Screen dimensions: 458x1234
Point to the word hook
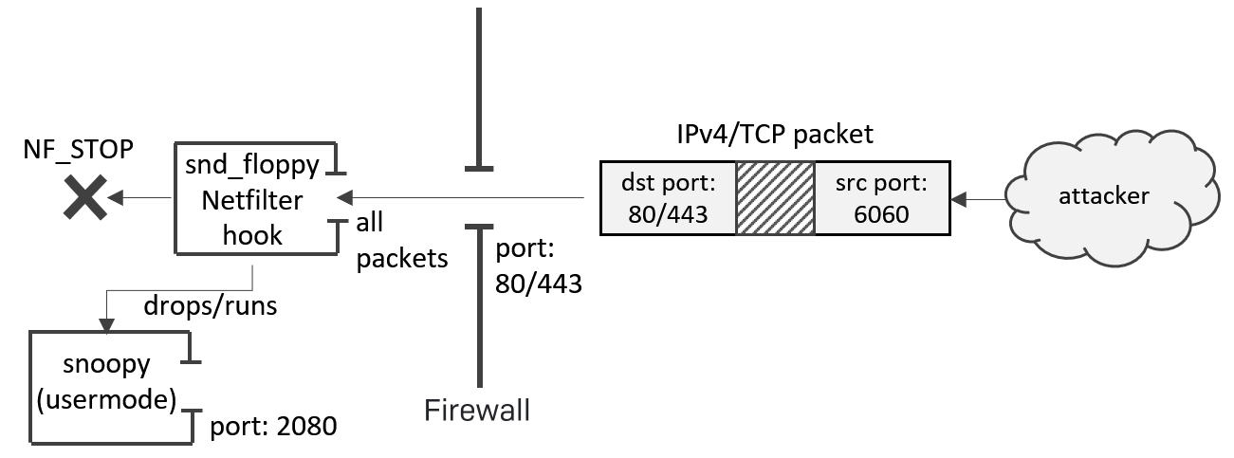coord(252,234)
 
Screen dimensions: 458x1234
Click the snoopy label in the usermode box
coord(106,365)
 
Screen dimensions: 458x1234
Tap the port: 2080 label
coord(273,426)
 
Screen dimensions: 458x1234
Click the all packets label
coord(401,240)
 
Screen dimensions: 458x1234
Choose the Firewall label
coord(476,410)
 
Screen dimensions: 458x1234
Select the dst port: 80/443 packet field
coord(668,198)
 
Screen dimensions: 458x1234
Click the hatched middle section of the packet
coord(775,198)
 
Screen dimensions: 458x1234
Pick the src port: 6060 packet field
coord(881,198)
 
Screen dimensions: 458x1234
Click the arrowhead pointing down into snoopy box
coord(106,324)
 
